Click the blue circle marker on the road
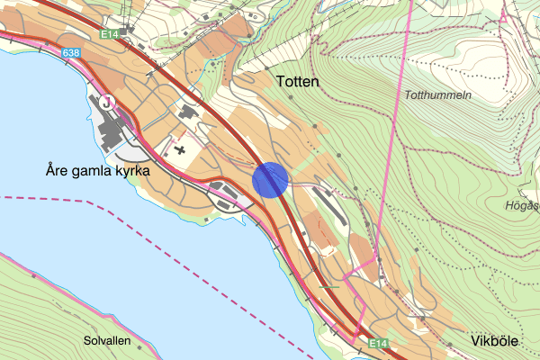(269, 179)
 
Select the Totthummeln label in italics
(437, 95)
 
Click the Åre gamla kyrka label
(96, 169)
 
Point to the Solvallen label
(107, 342)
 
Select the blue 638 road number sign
(72, 54)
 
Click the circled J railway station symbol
(109, 102)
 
